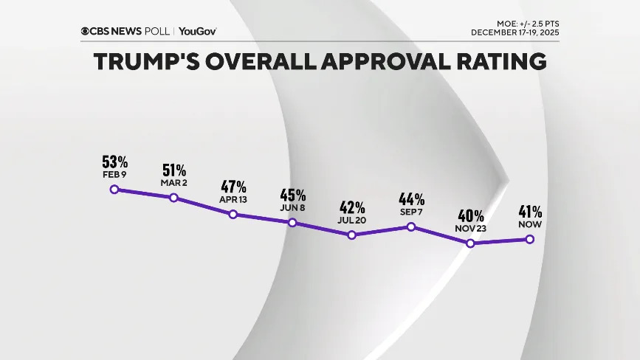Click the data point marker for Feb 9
[114, 190]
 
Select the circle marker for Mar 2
[173, 198]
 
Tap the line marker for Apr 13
[233, 214]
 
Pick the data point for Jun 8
[292, 222]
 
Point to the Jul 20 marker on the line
[352, 235]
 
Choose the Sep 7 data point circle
[411, 226]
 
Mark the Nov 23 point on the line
[470, 243]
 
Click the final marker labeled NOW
[529, 238]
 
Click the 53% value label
[115, 162]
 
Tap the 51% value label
[173, 170]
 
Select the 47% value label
[233, 186]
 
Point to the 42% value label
[352, 207]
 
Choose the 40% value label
[470, 215]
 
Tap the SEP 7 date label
[411, 212]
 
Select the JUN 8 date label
[292, 208]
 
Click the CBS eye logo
[86, 31]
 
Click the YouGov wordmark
[197, 31]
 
